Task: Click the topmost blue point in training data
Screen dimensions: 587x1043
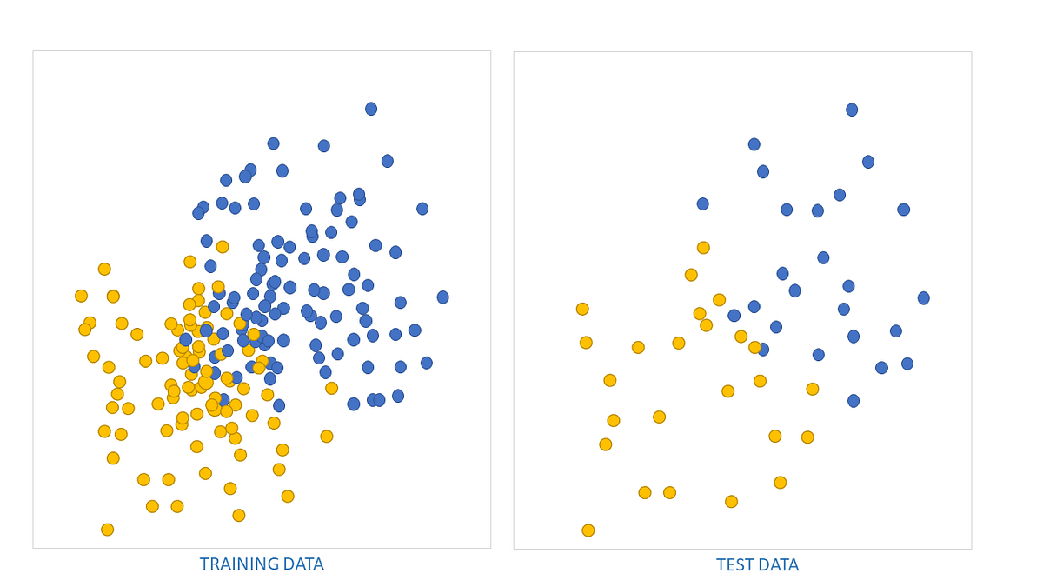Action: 371,109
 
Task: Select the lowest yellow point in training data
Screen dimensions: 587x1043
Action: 107,530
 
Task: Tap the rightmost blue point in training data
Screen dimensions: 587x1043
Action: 442,297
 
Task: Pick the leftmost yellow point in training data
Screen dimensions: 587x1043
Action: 81,296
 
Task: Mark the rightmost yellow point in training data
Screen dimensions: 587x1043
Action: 331,388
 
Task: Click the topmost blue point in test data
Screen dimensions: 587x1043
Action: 852,110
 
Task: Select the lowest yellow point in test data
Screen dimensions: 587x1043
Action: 588,530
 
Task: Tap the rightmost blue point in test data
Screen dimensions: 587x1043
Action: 923,298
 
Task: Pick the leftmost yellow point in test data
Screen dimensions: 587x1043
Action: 582,309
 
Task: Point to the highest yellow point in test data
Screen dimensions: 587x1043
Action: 703,248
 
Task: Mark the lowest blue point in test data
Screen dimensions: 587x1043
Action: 854,401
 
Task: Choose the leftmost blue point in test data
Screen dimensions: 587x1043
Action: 702,204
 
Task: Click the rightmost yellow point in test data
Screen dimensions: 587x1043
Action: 813,389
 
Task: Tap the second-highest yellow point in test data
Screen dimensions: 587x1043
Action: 691,275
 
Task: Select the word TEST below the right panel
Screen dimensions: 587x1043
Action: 734,565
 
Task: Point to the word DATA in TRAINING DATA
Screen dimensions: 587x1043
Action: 300,564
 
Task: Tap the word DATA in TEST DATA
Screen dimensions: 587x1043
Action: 779,565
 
